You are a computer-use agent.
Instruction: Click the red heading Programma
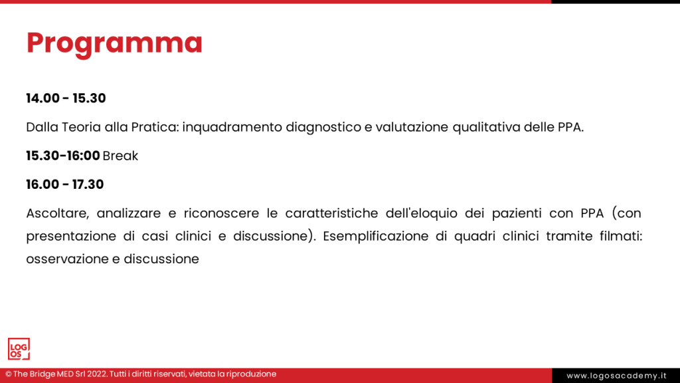click(114, 44)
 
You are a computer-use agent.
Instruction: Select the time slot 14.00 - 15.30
click(66, 98)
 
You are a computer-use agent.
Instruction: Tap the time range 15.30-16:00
click(63, 156)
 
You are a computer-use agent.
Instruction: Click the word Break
click(121, 156)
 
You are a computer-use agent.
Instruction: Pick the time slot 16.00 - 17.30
click(65, 184)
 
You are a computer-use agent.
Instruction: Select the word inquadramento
click(232, 128)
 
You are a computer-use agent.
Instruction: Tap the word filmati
click(621, 236)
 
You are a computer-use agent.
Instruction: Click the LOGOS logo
click(19, 349)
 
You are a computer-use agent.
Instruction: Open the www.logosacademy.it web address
click(616, 376)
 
